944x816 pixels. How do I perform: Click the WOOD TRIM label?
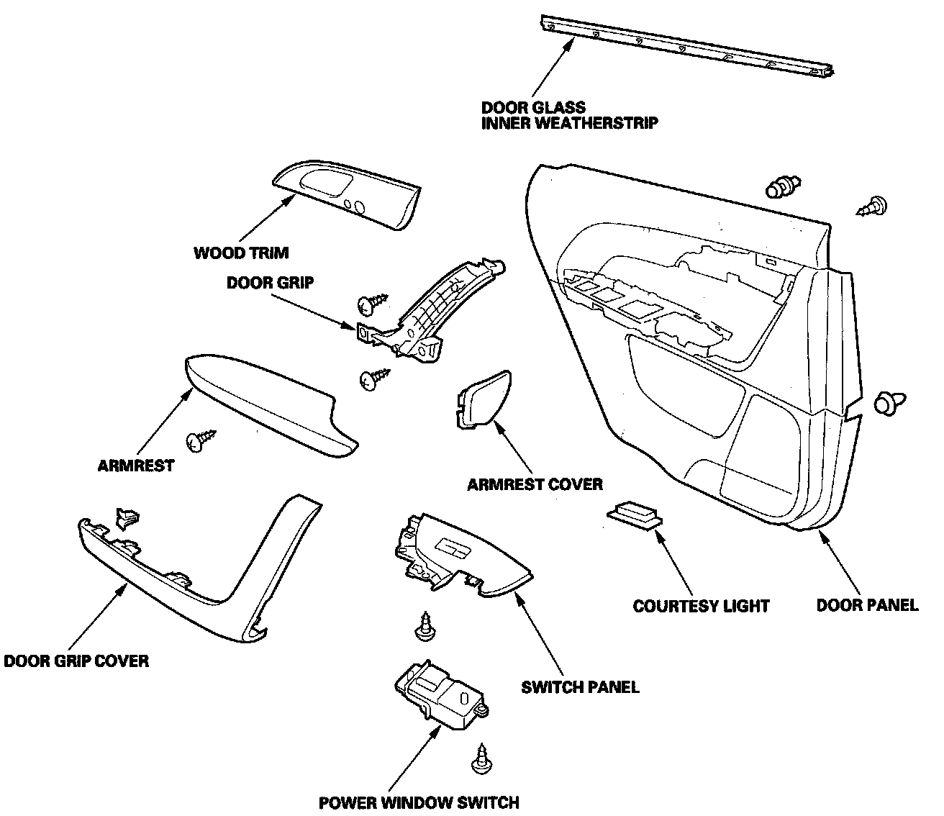pos(241,253)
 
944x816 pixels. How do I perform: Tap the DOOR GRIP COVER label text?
pos(76,661)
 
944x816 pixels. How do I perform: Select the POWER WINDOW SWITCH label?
pos(419,802)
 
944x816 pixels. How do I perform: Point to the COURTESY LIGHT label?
pos(701,606)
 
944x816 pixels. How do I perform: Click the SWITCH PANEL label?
pos(580,686)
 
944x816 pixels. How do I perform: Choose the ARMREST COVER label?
pos(535,484)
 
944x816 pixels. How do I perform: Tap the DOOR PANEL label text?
pos(867,604)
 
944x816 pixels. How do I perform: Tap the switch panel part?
pos(460,556)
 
